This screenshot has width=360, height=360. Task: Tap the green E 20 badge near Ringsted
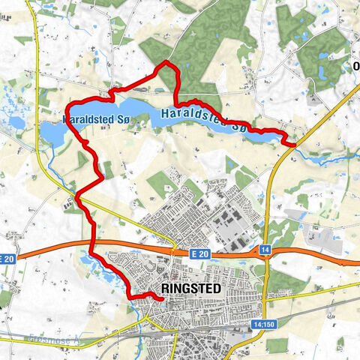[204, 256]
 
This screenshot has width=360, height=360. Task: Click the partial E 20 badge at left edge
[7, 259]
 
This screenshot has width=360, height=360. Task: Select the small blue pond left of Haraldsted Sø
[16, 122]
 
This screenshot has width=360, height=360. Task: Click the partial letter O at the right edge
[356, 65]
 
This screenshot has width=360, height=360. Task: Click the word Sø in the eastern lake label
[238, 127]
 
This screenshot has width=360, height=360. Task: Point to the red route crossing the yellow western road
[77, 196]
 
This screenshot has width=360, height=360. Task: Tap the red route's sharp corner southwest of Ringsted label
[134, 298]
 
